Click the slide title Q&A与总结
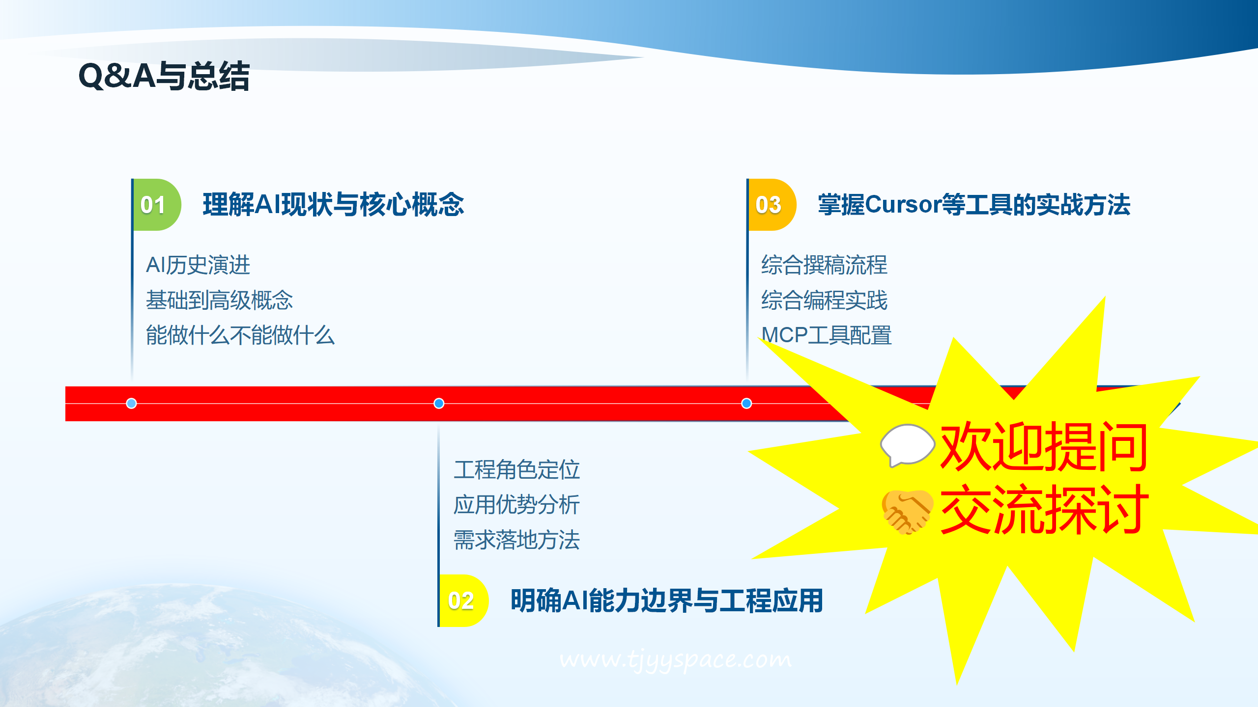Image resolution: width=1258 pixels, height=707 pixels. tap(164, 76)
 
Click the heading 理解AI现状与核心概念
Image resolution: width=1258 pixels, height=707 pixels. tap(333, 205)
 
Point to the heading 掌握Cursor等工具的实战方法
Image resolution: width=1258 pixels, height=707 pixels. tap(974, 205)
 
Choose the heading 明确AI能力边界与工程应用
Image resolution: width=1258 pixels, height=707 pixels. tap(667, 600)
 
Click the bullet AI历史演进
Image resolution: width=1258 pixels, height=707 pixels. tap(198, 265)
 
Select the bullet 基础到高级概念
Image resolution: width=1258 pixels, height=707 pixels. tap(219, 300)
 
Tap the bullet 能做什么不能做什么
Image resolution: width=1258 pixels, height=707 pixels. tap(240, 335)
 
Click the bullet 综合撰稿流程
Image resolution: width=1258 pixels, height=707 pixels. tap(824, 265)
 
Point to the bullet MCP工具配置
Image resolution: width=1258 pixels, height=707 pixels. tap(826, 335)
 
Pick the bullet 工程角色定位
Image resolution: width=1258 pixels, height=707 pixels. tap(516, 469)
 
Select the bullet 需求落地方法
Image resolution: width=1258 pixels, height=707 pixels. tap(516, 540)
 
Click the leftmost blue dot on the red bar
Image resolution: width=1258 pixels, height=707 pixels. tap(131, 403)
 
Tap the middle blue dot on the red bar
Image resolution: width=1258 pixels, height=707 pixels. tap(439, 403)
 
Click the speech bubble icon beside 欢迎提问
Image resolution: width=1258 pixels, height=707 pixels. tap(907, 445)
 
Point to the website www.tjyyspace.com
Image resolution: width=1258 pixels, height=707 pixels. tap(675, 659)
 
